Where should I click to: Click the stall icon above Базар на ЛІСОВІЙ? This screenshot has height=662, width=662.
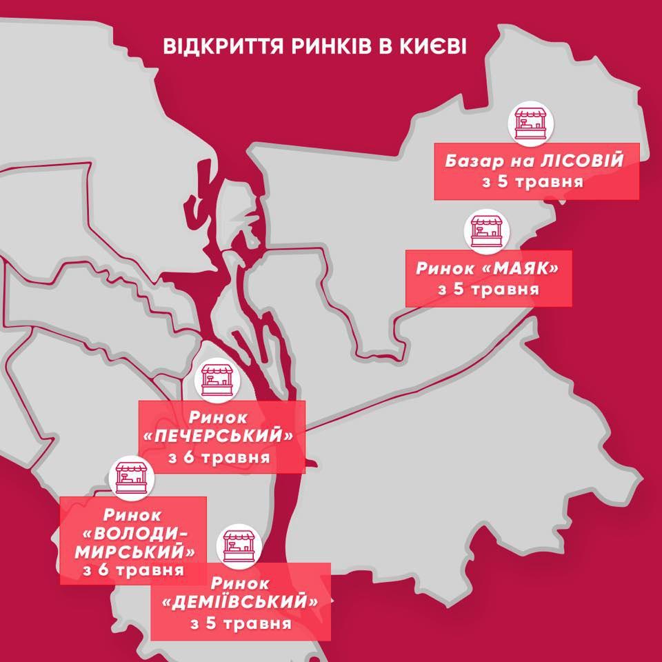click(530, 123)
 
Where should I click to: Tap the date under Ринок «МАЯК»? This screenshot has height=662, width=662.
click(488, 288)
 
